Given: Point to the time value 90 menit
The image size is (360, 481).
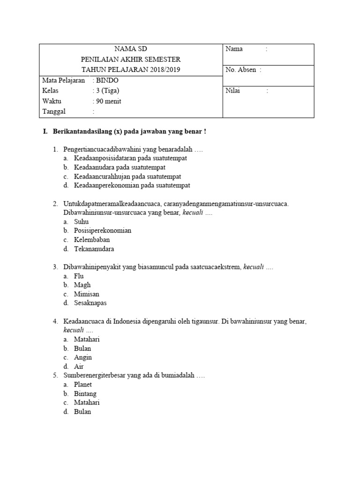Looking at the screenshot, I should pos(108,101).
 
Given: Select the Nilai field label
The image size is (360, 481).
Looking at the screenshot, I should pos(233,91).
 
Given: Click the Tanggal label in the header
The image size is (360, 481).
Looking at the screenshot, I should pos(54,111).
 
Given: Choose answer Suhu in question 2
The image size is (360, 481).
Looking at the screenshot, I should pos(81,222).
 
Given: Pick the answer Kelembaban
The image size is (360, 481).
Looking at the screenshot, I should pos(92,240).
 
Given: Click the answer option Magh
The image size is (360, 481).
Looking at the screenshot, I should pos(82,285).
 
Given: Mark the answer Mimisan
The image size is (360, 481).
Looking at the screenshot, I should pos(86,294).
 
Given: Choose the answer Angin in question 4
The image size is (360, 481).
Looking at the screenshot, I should pos(83,357).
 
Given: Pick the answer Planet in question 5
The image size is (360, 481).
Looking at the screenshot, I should pos(83,385).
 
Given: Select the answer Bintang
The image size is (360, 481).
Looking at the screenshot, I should pos(85,394).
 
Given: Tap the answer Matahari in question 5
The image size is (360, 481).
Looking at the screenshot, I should pos(87,403).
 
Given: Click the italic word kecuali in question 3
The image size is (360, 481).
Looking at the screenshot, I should pos(254,267).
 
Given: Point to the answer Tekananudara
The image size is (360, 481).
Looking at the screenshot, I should pos(94,249).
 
